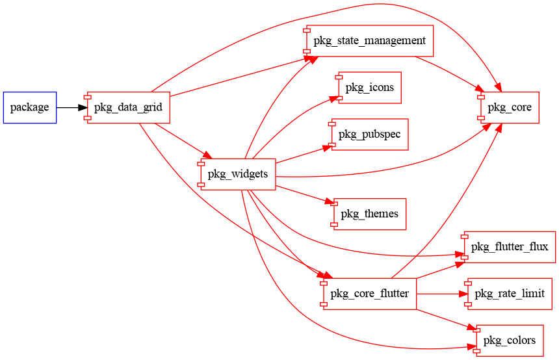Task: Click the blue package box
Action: [29, 107]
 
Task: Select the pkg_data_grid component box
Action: [129, 107]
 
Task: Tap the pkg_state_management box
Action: [369, 41]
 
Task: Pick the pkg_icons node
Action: [369, 88]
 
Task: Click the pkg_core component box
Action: [510, 107]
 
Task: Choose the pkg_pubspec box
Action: [370, 135]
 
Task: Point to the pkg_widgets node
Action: [238, 174]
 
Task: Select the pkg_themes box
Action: [370, 214]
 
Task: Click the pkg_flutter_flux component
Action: [510, 247]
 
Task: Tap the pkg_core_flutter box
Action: [369, 294]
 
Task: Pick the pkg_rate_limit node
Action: [510, 294]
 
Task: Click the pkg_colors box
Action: [510, 341]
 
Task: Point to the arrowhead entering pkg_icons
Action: [334, 98]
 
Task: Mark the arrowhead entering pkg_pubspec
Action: [328, 148]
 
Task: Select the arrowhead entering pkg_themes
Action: [328, 203]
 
